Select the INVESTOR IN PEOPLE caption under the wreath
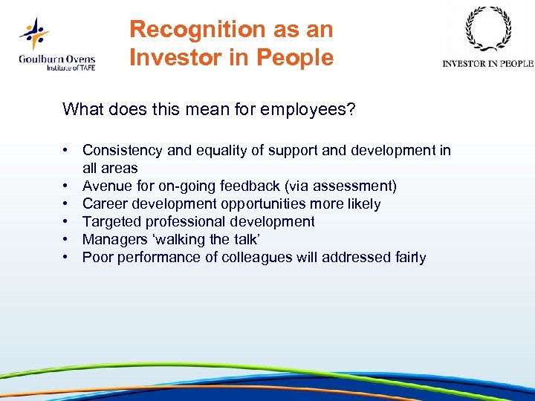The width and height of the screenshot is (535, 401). (x=487, y=64)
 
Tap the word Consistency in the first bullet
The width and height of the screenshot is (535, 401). (x=123, y=151)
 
